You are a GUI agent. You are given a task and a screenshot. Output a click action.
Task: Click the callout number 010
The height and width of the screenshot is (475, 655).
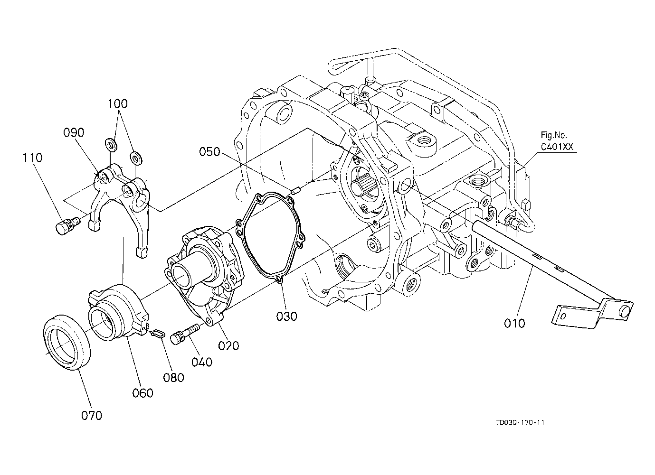click(514, 324)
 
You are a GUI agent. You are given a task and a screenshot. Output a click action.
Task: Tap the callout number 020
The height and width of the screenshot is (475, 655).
click(228, 346)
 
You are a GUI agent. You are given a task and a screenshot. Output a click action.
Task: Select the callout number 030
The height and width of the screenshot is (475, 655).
click(286, 317)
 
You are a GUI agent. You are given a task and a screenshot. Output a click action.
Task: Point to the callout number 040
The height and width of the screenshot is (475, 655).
click(202, 362)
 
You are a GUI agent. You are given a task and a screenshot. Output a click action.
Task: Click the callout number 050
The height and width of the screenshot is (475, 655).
click(209, 152)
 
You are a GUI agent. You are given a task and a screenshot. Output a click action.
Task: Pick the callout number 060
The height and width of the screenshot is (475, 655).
click(142, 393)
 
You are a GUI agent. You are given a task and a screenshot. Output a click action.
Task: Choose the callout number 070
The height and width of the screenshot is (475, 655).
click(92, 416)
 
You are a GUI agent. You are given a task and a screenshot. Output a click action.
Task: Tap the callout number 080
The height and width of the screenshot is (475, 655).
click(173, 378)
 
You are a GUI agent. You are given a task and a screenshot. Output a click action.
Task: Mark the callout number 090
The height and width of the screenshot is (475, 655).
click(74, 132)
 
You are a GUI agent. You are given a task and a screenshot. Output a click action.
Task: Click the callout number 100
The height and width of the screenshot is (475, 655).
click(117, 104)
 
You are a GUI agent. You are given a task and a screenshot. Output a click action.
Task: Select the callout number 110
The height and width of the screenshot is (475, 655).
click(32, 158)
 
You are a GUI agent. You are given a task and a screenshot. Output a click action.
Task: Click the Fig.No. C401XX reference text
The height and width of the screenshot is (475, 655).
click(557, 141)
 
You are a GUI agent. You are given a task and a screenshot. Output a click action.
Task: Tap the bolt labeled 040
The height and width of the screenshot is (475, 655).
click(184, 334)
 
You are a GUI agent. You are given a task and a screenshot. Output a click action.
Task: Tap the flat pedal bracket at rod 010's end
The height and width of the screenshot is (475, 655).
click(592, 314)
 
